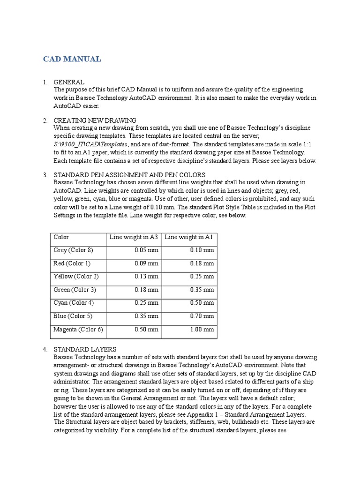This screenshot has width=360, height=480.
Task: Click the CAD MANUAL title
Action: pyautogui.click(x=72, y=59)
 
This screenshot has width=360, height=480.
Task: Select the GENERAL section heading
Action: pyautogui.click(x=69, y=82)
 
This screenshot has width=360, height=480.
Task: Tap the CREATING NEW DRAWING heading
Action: pyautogui.click(x=95, y=120)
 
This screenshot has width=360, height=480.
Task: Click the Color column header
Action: pyautogui.click(x=61, y=237)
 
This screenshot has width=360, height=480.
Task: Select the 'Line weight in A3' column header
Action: pyautogui.click(x=134, y=237)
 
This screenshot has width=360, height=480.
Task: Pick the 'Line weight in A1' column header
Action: pyautogui.click(x=189, y=237)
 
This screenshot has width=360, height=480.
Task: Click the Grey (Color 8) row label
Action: pyautogui.click(x=74, y=250)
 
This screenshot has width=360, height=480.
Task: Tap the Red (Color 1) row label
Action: pyautogui.click(x=72, y=263)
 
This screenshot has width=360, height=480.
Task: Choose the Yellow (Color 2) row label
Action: pyautogui.click(x=76, y=277)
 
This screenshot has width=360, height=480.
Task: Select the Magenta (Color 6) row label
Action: pyautogui.click(x=78, y=329)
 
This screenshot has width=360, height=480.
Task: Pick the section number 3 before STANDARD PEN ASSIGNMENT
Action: pyautogui.click(x=45, y=175)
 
